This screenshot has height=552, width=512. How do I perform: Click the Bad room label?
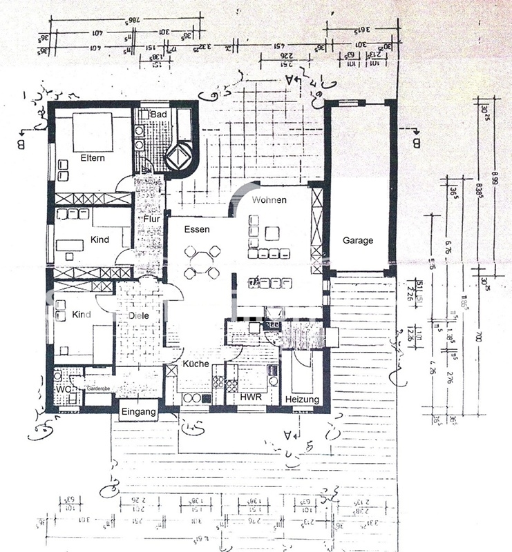158,114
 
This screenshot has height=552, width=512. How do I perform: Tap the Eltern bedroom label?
92,158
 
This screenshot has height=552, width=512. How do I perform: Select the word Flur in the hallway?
151,219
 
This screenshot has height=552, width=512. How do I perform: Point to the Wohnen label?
269,199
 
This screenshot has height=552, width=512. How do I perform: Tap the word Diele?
139,315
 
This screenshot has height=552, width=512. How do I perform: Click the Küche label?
196,364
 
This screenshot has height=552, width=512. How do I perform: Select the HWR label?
249,397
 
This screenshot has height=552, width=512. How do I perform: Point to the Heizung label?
302,400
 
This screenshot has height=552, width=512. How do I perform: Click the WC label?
62,389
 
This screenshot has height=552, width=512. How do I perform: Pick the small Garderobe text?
98,390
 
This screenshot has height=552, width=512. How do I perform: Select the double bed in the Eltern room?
90,131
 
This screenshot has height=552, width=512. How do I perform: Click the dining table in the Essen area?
200,262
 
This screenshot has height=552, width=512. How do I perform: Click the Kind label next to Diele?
82,315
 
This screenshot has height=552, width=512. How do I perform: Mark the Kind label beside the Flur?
100,240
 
